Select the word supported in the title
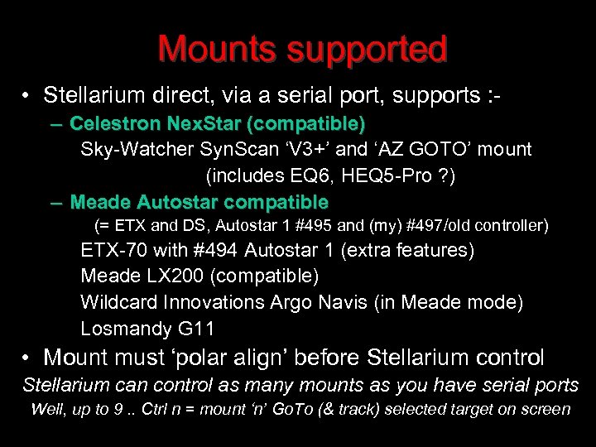368,51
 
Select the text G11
196,329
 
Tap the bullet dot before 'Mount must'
28,358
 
